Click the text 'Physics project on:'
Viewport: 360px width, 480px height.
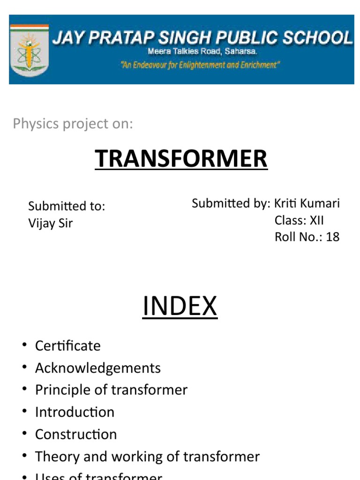point(73,124)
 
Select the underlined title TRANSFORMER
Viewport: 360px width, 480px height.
point(181,158)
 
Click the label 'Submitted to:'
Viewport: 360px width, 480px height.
point(67,206)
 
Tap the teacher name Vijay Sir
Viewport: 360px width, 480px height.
point(51,223)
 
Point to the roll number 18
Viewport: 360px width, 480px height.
point(332,237)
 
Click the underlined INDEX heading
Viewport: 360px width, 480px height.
point(180,307)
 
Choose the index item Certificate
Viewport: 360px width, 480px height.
point(68,346)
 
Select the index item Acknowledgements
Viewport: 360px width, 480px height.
point(98,368)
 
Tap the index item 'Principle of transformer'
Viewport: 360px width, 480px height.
point(111,390)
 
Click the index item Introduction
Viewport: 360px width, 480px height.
point(75,412)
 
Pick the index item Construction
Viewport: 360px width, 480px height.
point(76,434)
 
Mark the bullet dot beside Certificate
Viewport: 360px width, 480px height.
point(24,346)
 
